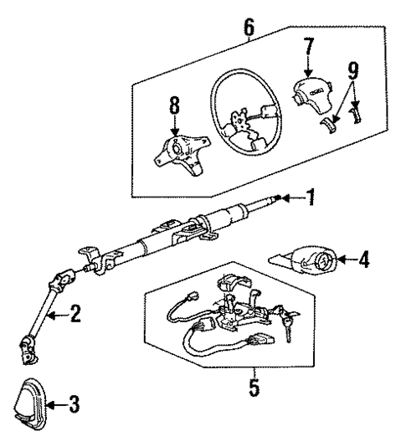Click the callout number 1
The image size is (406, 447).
point(311,198)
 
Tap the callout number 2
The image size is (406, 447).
point(75,315)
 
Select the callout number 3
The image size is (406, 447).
point(75,405)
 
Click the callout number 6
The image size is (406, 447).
point(249,27)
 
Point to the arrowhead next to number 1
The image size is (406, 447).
point(287,198)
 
